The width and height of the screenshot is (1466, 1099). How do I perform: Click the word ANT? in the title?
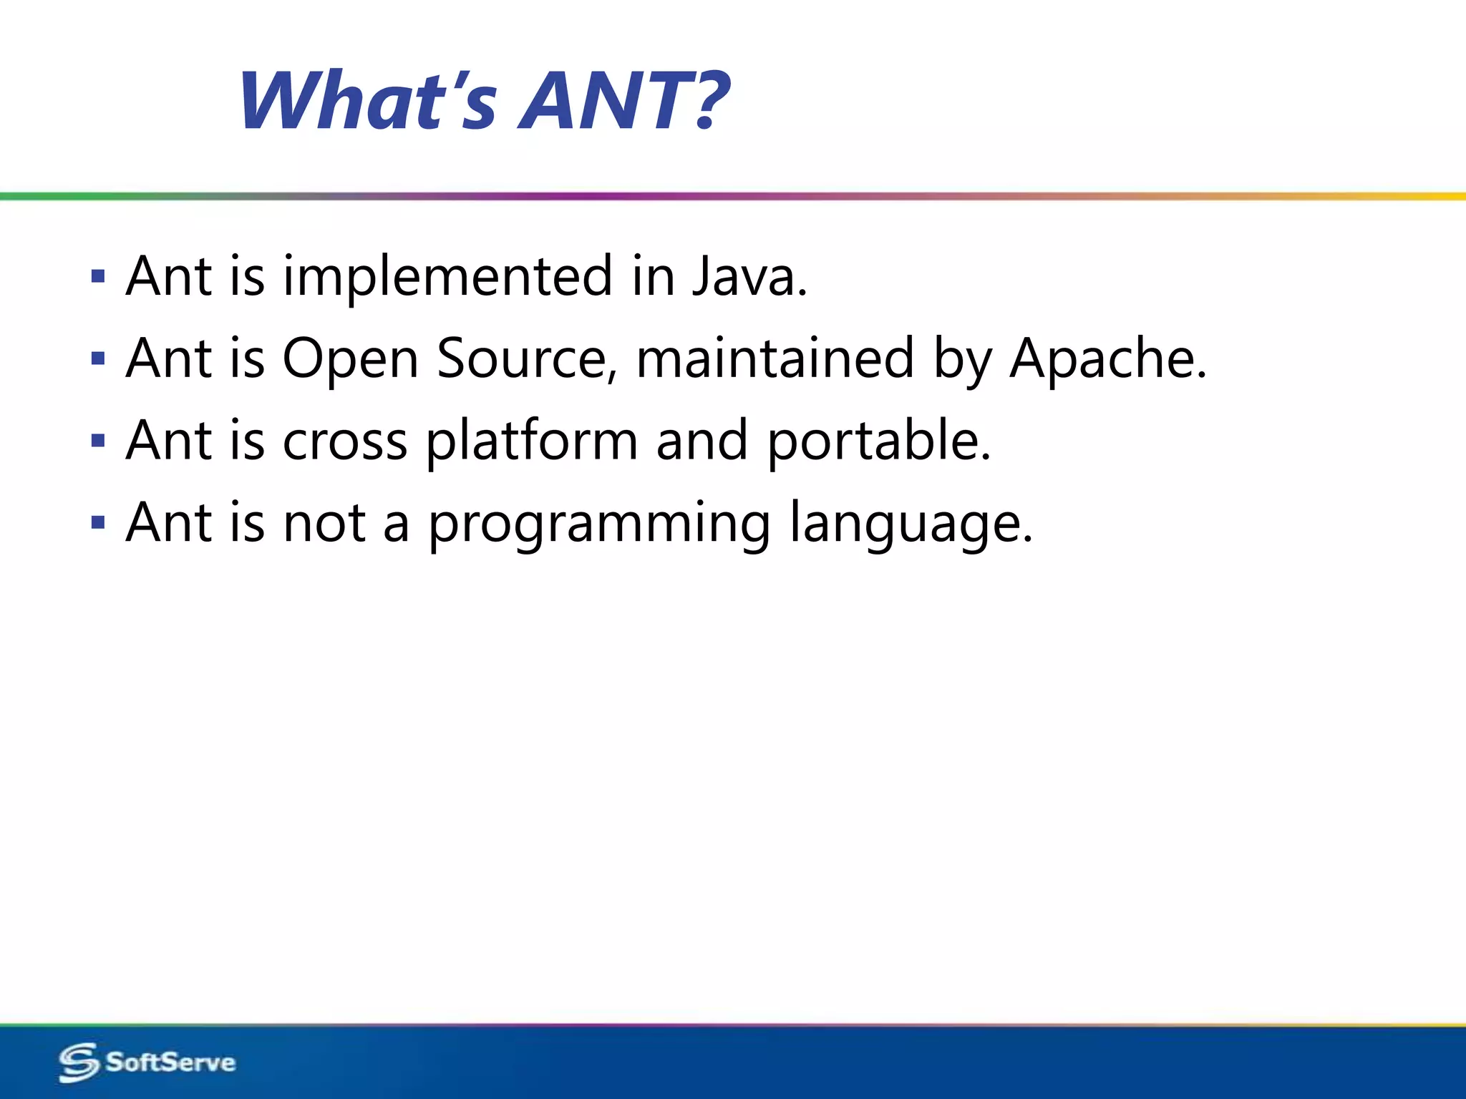point(623,102)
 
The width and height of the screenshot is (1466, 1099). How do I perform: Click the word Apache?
point(1107,359)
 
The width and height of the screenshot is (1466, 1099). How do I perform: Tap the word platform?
point(532,442)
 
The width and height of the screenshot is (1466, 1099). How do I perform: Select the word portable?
point(879,442)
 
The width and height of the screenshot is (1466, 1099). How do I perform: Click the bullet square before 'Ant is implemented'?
point(99,276)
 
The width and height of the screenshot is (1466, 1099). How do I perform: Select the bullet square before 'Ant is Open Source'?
point(99,358)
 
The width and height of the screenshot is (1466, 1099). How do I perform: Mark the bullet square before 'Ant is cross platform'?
point(99,440)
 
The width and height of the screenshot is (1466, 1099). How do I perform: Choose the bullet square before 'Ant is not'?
point(99,522)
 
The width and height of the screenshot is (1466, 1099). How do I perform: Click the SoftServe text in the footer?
point(170,1062)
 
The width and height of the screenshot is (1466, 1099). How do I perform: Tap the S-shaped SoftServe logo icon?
point(78,1063)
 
